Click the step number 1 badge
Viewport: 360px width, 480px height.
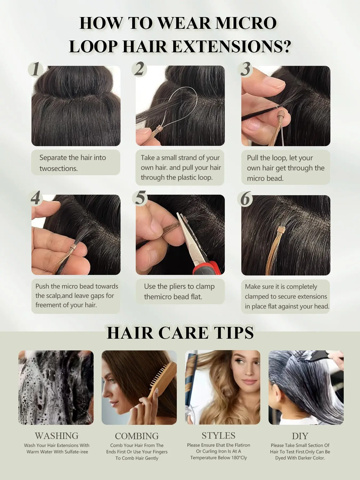click(x=35, y=69)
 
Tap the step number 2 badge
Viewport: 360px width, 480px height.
click(x=139, y=69)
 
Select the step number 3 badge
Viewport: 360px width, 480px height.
click(x=245, y=69)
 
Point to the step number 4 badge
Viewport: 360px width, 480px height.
click(x=35, y=198)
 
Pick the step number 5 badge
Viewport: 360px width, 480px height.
click(x=140, y=198)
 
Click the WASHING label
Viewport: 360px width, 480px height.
click(x=57, y=436)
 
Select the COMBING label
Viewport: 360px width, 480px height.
click(x=137, y=436)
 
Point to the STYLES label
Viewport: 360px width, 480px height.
click(x=218, y=435)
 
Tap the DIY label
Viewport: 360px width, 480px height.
click(x=300, y=436)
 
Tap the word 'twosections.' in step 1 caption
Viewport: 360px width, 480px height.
click(x=59, y=169)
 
